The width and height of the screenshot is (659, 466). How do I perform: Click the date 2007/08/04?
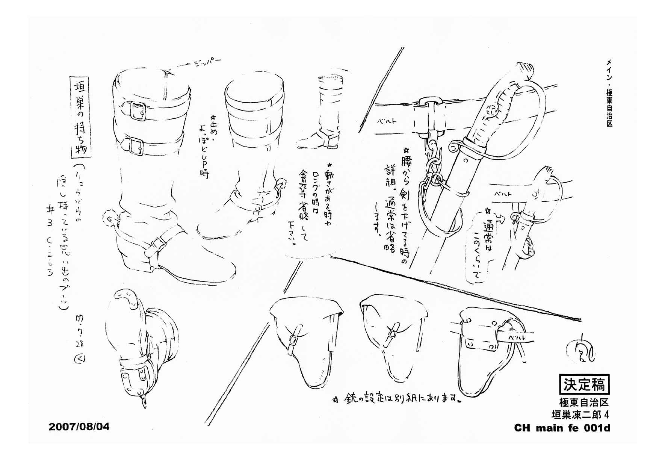point(79,427)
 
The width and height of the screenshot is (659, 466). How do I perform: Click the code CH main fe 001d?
point(562,428)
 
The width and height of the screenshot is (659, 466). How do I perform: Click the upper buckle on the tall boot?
point(138,111)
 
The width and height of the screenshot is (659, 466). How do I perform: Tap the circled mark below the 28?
point(80,359)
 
